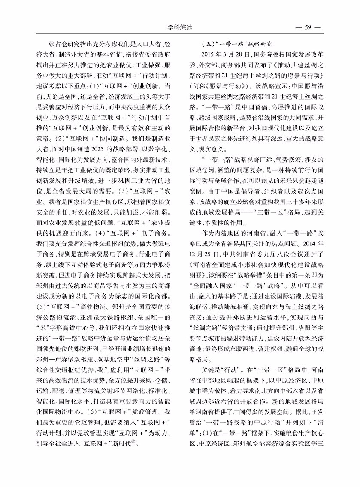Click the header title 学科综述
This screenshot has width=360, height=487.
coord(180,27)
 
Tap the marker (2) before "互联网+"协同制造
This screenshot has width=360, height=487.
coord(62,139)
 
